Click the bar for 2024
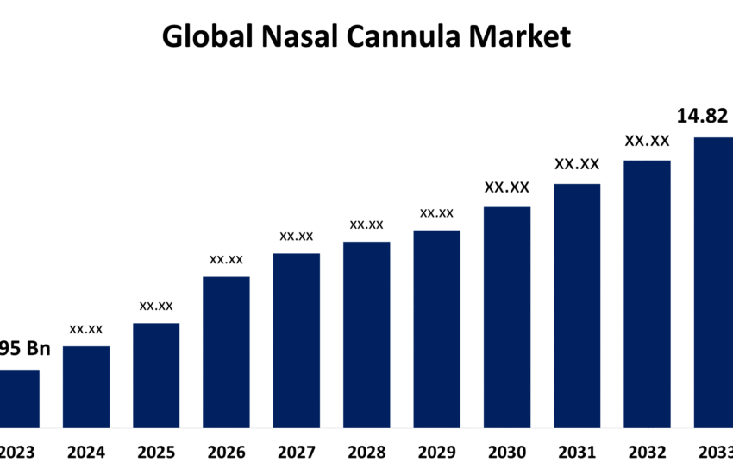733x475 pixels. click(86, 386)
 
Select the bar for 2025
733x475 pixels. click(156, 375)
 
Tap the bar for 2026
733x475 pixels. click(226, 351)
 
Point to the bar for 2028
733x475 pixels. click(366, 334)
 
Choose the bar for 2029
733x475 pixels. click(436, 328)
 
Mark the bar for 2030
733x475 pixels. click(507, 316)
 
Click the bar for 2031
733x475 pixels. click(577, 305)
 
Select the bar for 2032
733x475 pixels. click(647, 293)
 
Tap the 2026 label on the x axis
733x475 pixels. click(226, 452)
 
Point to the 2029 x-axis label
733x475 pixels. click(436, 452)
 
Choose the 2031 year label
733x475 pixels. click(577, 452)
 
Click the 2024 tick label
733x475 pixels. click(86, 452)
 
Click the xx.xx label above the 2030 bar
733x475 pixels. click(507, 187)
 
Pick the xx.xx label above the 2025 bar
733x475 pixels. click(156, 306)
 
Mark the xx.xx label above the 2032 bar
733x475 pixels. click(647, 140)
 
